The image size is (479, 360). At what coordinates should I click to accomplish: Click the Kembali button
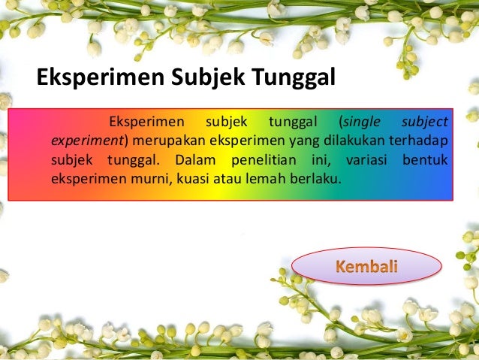[366, 267]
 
